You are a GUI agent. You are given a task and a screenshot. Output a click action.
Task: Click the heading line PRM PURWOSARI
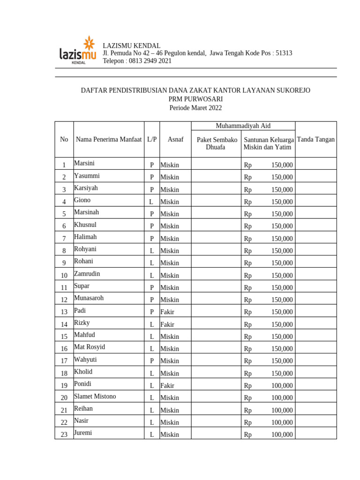tap(195, 99)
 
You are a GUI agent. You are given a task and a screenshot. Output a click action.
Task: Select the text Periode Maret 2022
tap(195, 108)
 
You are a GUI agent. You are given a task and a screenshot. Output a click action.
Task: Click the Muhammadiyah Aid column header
tap(243, 126)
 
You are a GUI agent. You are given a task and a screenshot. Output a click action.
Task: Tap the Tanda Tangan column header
tap(315, 139)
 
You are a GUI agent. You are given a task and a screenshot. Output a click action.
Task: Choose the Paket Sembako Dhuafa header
tap(216, 143)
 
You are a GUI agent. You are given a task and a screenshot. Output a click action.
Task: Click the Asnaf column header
tap(175, 139)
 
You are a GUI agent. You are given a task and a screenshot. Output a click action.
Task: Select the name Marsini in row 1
tap(84, 163)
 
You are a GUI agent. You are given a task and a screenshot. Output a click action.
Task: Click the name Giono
tap(82, 200)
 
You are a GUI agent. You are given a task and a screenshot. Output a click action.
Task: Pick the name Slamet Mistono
tap(95, 396)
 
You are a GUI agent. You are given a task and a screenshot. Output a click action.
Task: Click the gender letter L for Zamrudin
tap(151, 276)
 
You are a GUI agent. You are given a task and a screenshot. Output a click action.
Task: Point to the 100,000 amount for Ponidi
tap(282, 386)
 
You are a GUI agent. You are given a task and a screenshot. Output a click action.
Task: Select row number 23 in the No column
tap(64, 435)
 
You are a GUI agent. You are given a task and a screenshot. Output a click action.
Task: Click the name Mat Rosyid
tap(90, 347)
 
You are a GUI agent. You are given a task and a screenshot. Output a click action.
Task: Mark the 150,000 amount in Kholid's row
tap(282, 374)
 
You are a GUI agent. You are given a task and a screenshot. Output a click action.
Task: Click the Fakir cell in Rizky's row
tap(167, 324)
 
